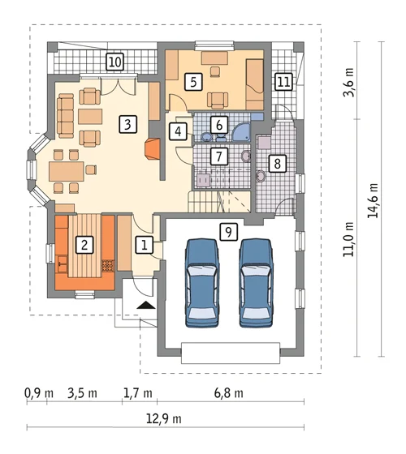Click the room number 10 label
click(115, 62)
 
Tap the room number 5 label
click(193, 82)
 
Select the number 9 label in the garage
click(228, 232)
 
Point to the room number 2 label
click(84, 245)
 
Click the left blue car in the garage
click(202, 283)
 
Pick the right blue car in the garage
click(256, 283)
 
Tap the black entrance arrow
click(146, 305)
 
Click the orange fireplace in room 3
click(152, 148)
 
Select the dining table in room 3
click(67, 171)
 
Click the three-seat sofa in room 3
click(65, 116)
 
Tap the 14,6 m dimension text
click(373, 200)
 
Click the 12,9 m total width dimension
click(164, 419)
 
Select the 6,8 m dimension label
click(229, 393)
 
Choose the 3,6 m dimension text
click(348, 82)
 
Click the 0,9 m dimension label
click(39, 393)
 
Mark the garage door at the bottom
click(231, 353)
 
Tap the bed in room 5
click(255, 84)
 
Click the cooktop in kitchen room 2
click(108, 266)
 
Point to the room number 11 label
click(283, 82)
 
